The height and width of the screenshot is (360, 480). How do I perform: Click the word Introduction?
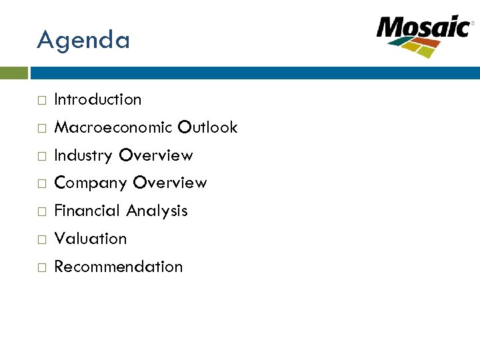(x=98, y=99)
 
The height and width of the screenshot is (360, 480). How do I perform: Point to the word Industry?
(x=83, y=155)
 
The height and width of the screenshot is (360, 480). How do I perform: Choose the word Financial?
(x=87, y=211)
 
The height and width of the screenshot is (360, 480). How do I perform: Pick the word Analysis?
(x=157, y=211)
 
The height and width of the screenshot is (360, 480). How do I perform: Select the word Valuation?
(x=90, y=239)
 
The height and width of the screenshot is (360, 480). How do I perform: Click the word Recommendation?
(x=118, y=267)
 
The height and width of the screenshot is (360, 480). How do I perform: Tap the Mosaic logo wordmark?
(x=423, y=28)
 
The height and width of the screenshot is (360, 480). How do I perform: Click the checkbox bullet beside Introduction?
(x=41, y=101)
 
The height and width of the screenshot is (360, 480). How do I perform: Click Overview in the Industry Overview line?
(x=155, y=155)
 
